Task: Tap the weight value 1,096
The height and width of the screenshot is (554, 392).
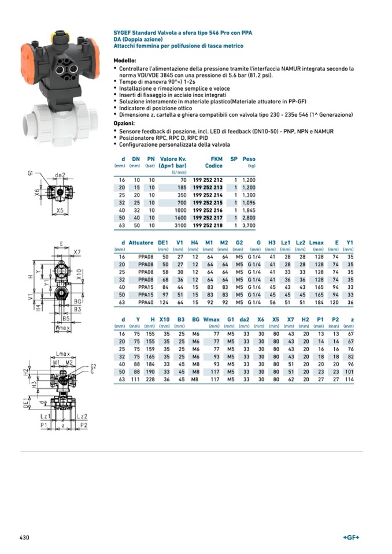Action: click(248, 202)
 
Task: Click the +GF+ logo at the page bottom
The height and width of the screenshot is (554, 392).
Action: click(351, 538)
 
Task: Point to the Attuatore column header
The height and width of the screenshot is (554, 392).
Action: click(141, 243)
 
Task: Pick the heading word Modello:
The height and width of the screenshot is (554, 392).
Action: click(124, 61)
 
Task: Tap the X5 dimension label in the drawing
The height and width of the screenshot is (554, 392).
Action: click(60, 210)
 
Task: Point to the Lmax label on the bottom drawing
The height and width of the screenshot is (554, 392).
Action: click(63, 353)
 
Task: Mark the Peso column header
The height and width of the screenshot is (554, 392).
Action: click(249, 159)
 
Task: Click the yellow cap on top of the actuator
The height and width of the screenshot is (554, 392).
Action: click(58, 36)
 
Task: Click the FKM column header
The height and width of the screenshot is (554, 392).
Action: click(217, 159)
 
